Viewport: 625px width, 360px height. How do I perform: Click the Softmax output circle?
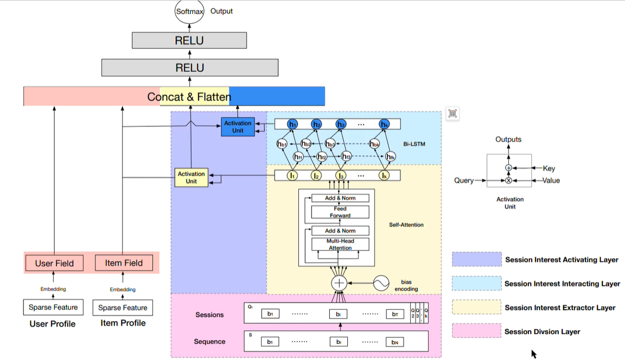[189, 11]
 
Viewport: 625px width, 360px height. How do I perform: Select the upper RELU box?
[189, 41]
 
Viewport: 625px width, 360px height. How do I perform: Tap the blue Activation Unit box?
[238, 126]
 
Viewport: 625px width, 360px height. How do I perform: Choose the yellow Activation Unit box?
[192, 177]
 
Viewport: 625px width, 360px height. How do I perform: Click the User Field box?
[54, 263]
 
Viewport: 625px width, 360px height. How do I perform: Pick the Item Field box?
[124, 263]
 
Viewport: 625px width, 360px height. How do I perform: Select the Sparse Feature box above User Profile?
[53, 307]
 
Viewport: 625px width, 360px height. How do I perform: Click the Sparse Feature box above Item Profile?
[123, 307]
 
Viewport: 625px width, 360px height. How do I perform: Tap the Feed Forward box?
[340, 212]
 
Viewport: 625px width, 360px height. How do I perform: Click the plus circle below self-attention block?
[340, 282]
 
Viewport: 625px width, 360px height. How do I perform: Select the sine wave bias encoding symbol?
[381, 282]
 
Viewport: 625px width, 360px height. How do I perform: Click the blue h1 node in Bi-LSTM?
[293, 124]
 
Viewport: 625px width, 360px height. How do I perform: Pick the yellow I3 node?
[341, 175]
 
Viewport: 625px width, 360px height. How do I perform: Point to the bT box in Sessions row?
[394, 314]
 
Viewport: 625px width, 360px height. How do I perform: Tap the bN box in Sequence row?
[394, 342]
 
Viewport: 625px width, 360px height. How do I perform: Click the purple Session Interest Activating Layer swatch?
[476, 259]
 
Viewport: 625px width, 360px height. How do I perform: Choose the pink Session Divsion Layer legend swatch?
[476, 331]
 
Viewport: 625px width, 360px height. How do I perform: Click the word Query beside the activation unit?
[464, 181]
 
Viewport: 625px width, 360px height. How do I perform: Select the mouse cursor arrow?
[534, 353]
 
